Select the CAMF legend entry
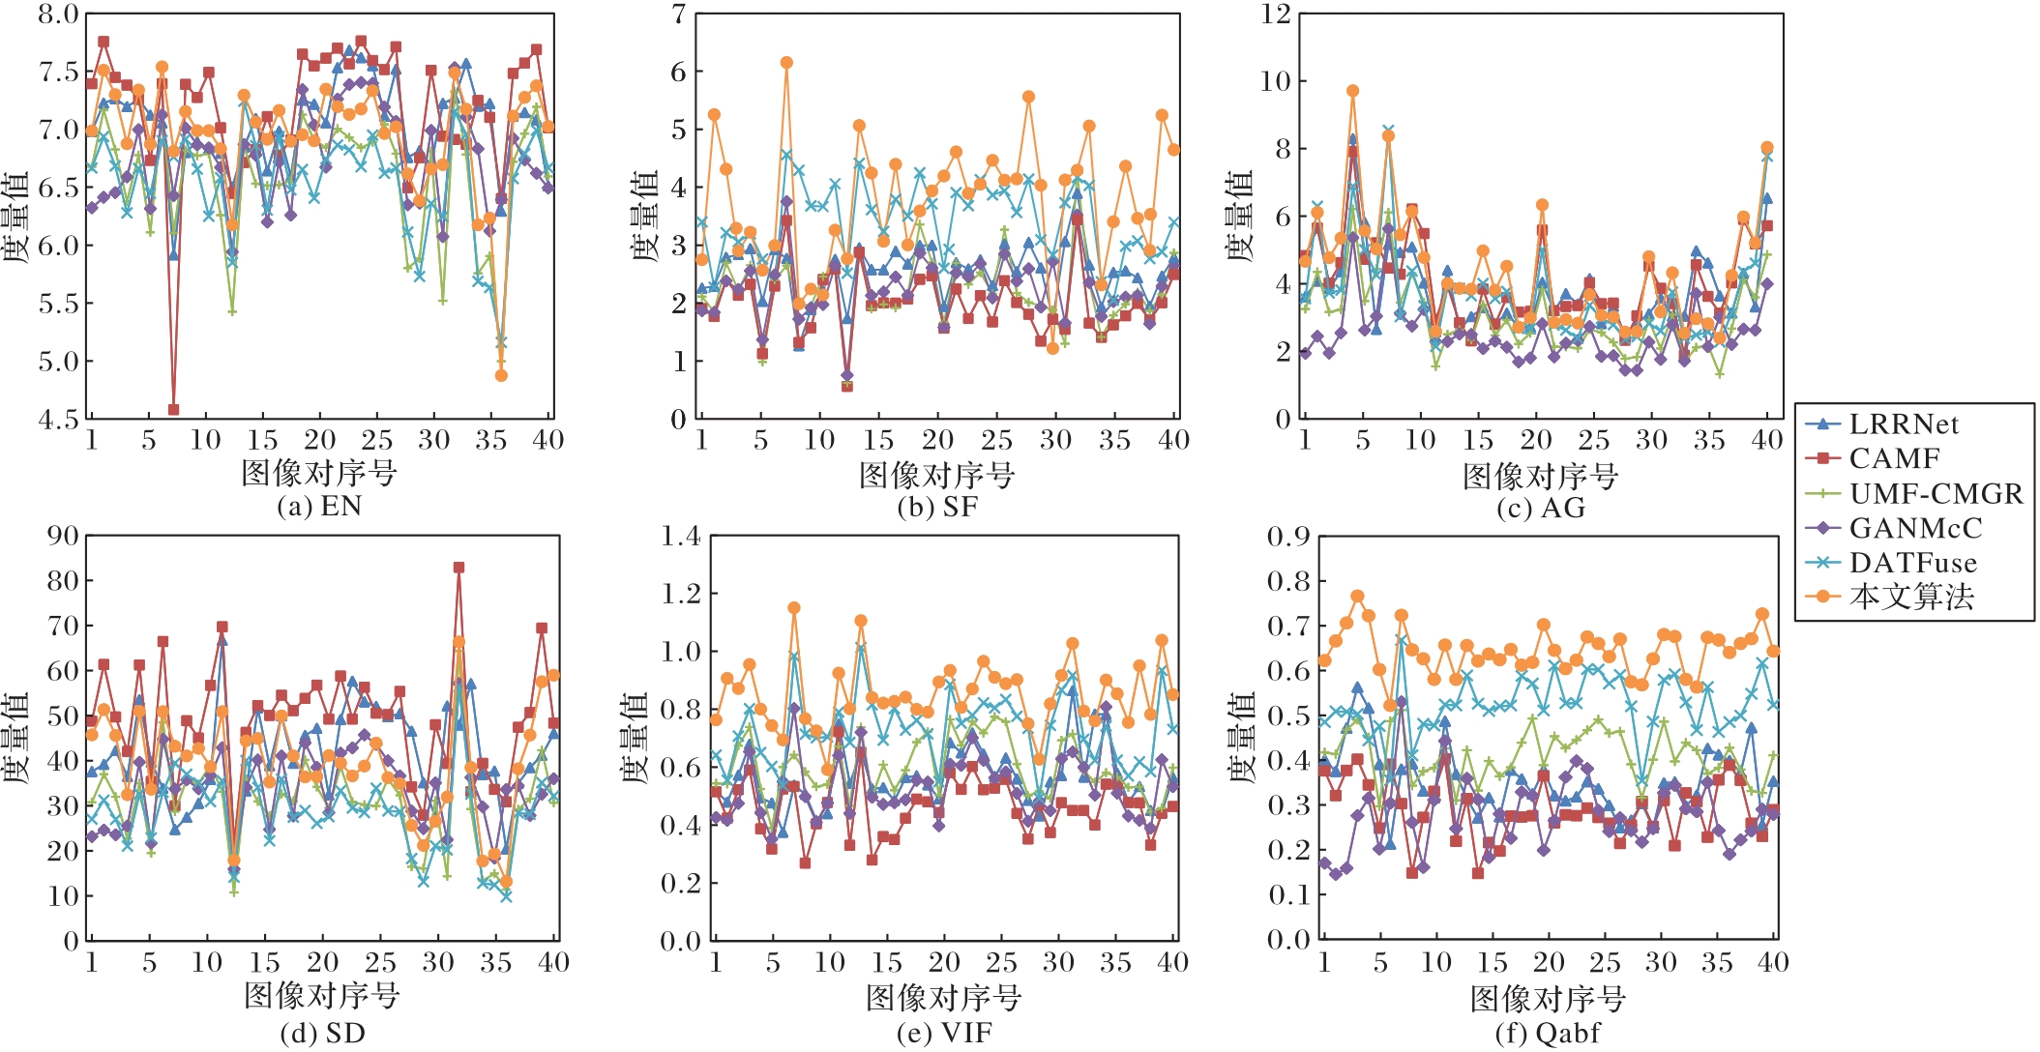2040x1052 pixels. (1894, 458)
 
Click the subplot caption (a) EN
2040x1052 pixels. (319, 506)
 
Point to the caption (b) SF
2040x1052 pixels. (936, 507)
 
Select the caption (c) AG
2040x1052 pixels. (1540, 508)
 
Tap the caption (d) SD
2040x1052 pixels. (322, 1033)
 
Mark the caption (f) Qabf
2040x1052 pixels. (1547, 1033)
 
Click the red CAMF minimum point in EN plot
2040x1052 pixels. (174, 410)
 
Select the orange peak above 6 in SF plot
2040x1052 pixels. (786, 63)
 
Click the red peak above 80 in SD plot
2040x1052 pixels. (458, 568)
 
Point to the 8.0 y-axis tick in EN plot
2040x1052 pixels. (58, 15)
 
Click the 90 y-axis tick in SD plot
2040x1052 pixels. (64, 536)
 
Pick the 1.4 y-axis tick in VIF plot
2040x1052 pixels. (680, 536)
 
